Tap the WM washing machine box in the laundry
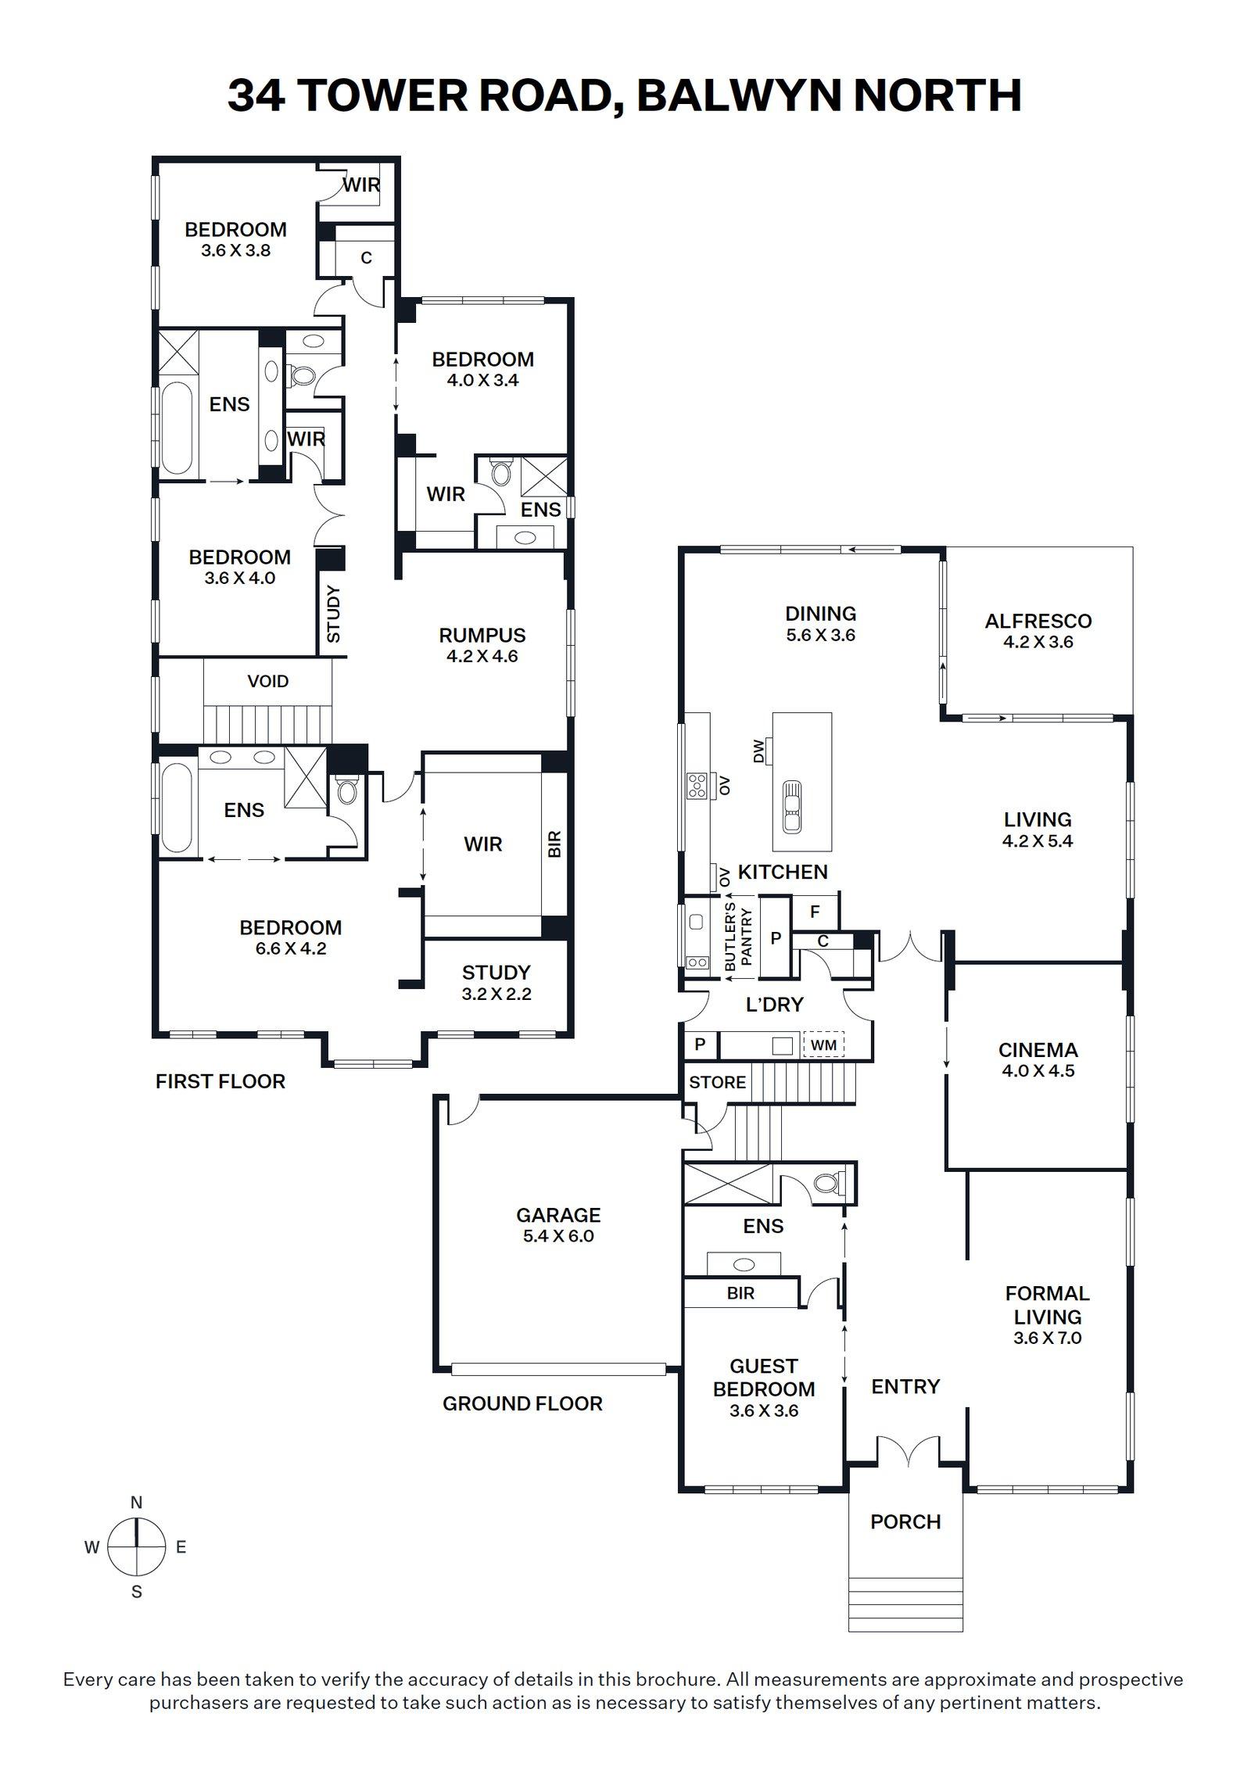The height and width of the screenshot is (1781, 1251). tap(823, 1045)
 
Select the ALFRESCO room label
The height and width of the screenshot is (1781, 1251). tap(1038, 621)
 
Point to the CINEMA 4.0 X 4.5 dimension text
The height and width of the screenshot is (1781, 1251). tap(1038, 1070)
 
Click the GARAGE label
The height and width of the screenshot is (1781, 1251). tap(558, 1215)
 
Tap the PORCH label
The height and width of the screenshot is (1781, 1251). tap(905, 1521)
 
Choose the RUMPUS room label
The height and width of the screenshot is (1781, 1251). tap(482, 635)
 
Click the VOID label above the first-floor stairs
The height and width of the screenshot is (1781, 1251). tap(268, 681)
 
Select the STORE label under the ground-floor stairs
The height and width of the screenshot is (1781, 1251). tap(717, 1082)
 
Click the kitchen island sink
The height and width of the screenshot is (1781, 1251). tap(791, 806)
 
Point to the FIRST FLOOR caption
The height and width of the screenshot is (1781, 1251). tap(220, 1081)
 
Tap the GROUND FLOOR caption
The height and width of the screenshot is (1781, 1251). tap(522, 1403)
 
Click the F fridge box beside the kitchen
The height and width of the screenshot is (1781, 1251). tap(815, 912)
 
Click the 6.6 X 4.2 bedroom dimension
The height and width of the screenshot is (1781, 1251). tap(290, 948)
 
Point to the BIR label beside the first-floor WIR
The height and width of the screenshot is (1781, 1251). tap(554, 844)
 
